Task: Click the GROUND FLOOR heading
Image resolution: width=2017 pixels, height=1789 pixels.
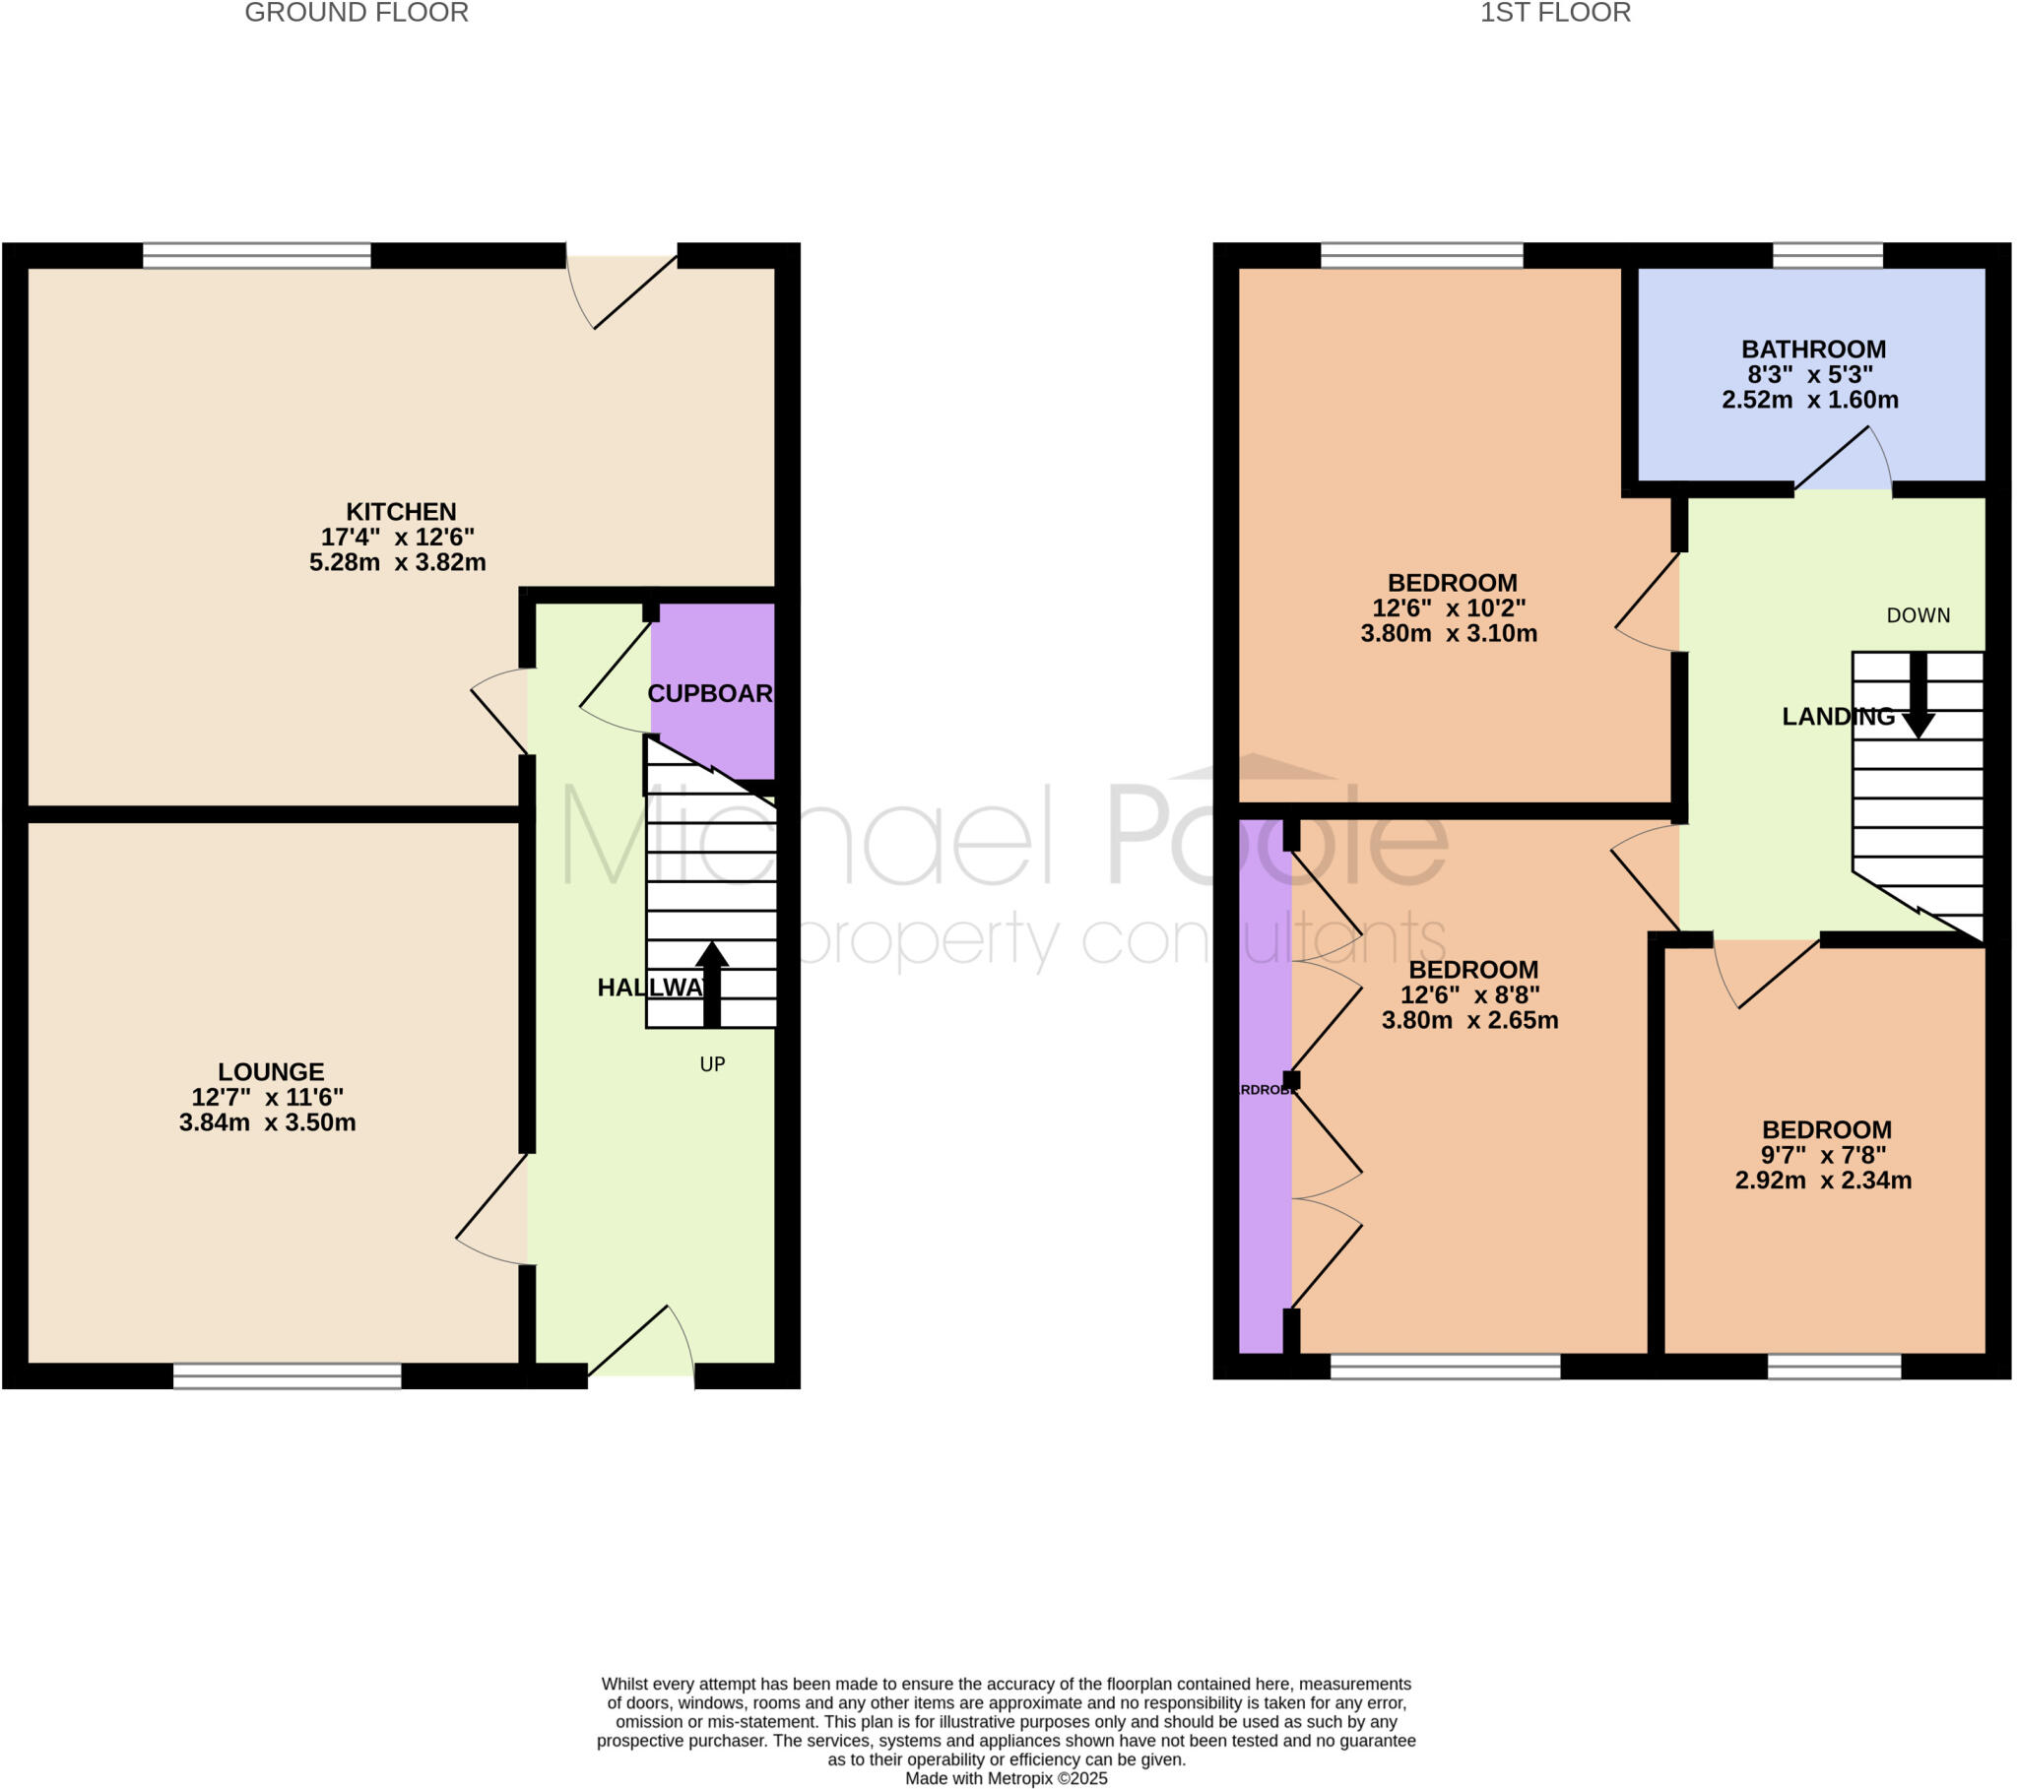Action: click(357, 13)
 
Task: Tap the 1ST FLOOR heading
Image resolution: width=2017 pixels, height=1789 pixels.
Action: click(1554, 13)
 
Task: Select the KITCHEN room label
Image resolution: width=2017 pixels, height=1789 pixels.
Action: click(401, 512)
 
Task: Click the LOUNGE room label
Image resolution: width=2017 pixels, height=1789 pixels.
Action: click(271, 1071)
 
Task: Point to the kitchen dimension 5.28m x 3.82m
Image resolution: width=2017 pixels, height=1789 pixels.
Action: click(398, 562)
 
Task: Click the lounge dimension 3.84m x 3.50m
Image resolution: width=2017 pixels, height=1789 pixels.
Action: click(268, 1122)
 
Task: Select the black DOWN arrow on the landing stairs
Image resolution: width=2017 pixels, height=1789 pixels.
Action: click(1918, 695)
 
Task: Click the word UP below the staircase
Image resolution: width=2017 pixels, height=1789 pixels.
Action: click(712, 1063)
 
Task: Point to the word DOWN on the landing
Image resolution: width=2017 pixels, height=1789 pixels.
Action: click(1918, 615)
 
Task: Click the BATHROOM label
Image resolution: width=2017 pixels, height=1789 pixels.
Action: click(1813, 350)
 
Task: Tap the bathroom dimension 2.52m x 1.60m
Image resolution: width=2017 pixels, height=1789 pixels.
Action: click(1810, 400)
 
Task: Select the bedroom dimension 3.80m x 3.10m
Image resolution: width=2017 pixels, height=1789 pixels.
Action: click(1449, 633)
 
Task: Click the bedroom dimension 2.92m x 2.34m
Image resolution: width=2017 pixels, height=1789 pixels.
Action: click(1824, 1181)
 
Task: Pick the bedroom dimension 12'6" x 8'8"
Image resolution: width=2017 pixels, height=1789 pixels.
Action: click(1470, 994)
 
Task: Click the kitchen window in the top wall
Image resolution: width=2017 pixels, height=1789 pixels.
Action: click(257, 256)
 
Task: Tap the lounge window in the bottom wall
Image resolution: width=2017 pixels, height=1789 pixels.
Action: click(288, 1375)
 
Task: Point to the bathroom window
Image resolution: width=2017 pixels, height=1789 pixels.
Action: click(1828, 256)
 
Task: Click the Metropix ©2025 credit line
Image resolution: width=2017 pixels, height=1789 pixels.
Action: click(1007, 1778)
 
